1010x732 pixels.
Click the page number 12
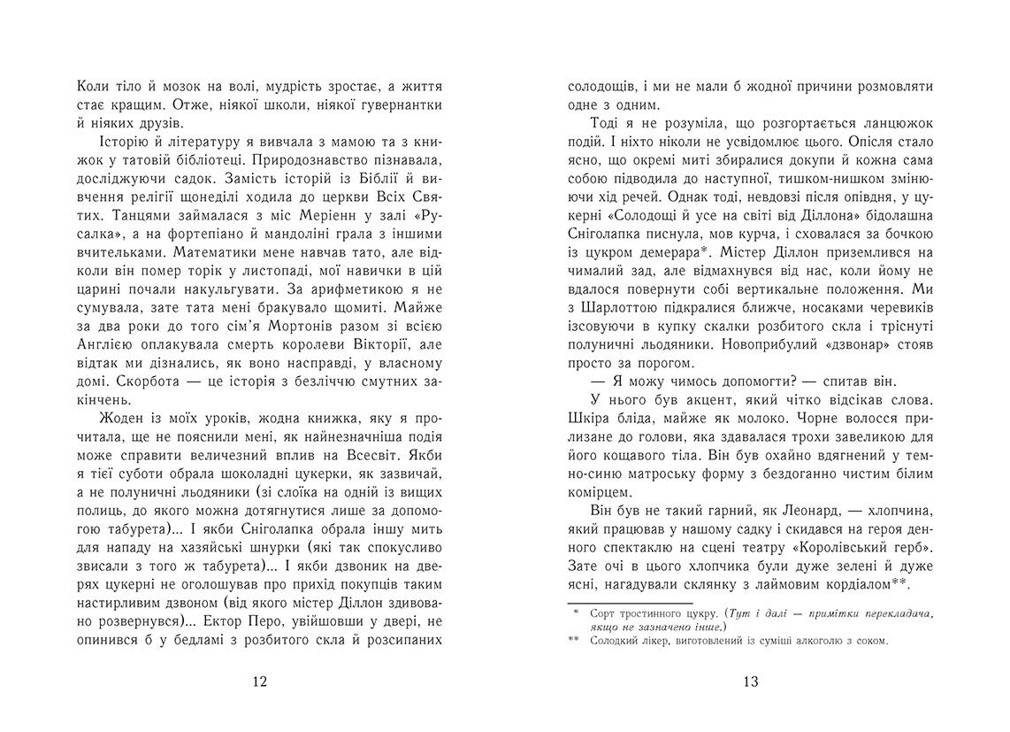(259, 682)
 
